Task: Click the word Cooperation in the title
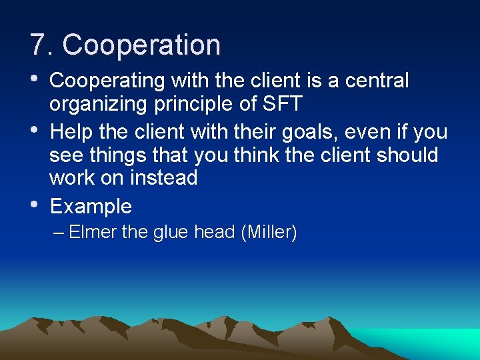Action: tap(141, 45)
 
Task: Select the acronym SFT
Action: tap(285, 104)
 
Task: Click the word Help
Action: tap(70, 133)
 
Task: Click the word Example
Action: tap(91, 206)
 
